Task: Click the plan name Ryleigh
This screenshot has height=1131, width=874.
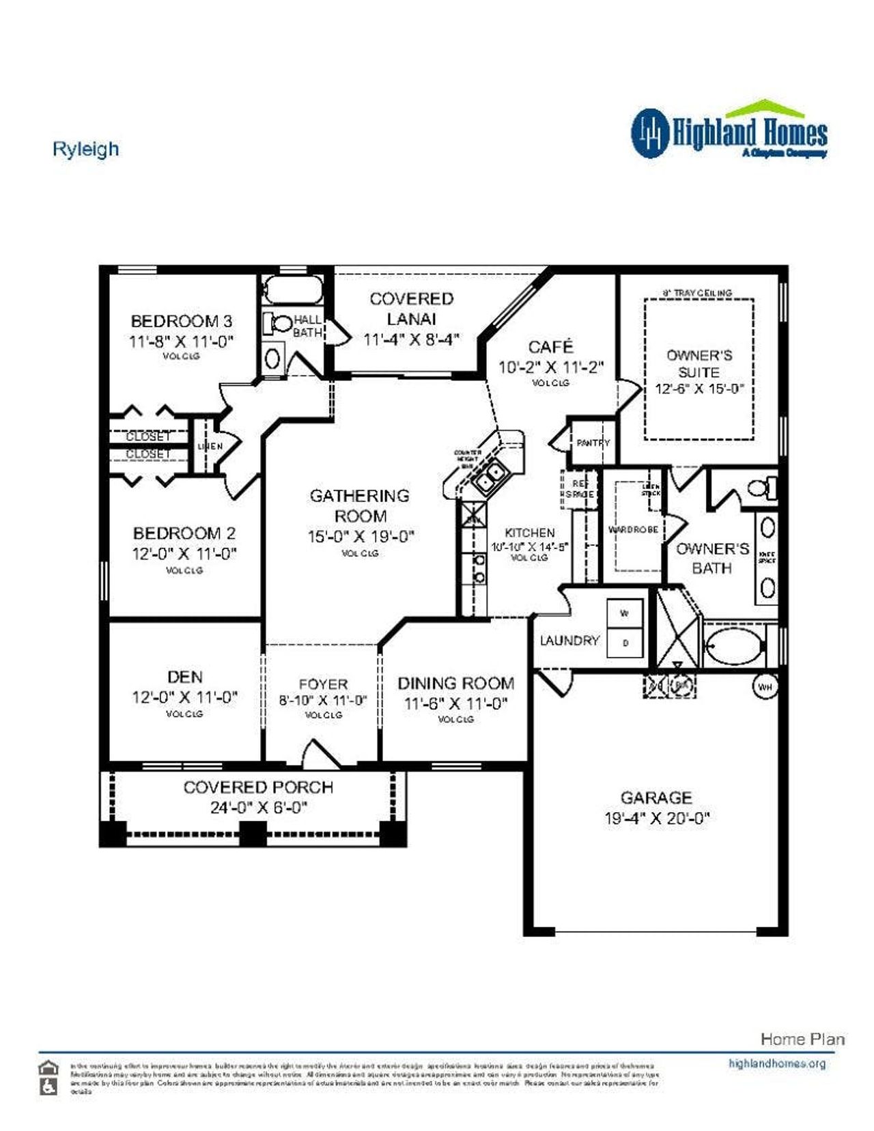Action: click(x=85, y=149)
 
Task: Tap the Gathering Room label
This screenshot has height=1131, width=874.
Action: click(x=360, y=505)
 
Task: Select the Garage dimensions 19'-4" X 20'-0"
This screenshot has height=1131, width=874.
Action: click(x=656, y=818)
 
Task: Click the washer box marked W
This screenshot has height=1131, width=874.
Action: click(x=624, y=613)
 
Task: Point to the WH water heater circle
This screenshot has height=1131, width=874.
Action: click(x=765, y=686)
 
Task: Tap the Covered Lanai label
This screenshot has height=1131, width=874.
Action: click(x=411, y=309)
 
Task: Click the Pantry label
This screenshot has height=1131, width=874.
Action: click(x=592, y=443)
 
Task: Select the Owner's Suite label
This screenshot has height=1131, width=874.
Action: click(x=699, y=363)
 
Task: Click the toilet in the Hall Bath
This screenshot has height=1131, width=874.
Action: click(x=278, y=324)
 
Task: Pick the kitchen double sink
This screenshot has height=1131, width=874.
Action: click(x=491, y=476)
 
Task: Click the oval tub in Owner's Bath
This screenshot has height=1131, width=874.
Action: click(x=733, y=645)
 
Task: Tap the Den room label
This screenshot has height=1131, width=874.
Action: click(x=184, y=677)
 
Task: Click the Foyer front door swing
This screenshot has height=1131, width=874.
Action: click(x=320, y=751)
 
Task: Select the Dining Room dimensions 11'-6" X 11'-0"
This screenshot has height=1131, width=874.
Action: click(x=455, y=703)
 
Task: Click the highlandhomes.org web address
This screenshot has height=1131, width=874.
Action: click(x=776, y=1063)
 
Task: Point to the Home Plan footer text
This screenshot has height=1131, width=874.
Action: click(x=802, y=1039)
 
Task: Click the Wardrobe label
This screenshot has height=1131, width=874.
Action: click(x=633, y=529)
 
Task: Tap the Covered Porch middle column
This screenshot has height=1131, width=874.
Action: click(x=253, y=833)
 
